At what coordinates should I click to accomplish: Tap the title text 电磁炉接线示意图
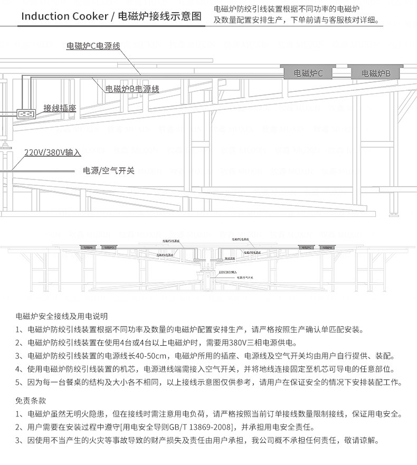[x=160, y=16]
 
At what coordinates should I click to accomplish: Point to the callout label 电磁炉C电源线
[x=93, y=46]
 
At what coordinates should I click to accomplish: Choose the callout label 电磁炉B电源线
[x=132, y=89]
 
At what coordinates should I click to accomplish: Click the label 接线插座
[x=60, y=108]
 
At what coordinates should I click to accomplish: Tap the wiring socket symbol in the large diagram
[x=25, y=113]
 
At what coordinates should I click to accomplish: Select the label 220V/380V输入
[x=53, y=153]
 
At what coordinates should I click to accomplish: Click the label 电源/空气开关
[x=109, y=170]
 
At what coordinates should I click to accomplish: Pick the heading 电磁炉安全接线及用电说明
[x=62, y=317]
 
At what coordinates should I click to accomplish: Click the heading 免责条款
[x=31, y=401]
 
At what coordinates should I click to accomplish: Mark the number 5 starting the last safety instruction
[x=18, y=382]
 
